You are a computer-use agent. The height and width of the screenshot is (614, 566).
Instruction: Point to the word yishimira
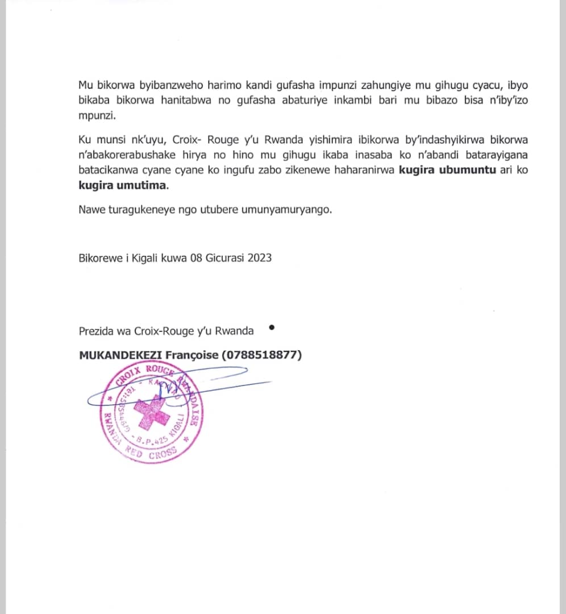pos(269,140)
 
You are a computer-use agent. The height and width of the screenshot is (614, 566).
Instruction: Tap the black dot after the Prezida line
pos(271,327)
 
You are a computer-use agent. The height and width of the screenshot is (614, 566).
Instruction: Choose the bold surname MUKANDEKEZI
pos(120,355)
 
